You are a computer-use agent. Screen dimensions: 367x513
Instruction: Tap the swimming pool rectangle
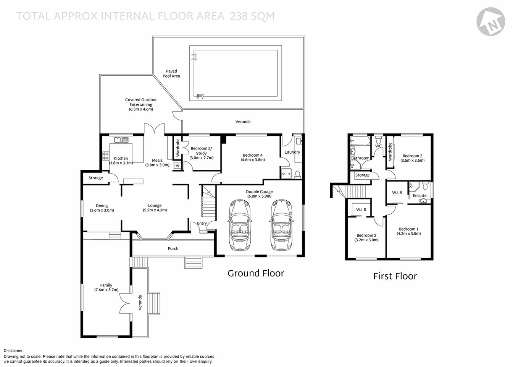(x=236, y=73)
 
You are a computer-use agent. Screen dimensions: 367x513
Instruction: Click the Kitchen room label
(x=121, y=158)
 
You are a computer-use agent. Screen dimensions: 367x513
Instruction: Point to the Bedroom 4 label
(x=253, y=155)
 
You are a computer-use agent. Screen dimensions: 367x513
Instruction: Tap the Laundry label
(x=292, y=152)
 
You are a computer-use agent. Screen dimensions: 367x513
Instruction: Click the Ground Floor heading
(x=256, y=273)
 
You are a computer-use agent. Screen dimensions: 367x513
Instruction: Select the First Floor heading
(x=395, y=276)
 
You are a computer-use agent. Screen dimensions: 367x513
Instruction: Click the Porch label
(x=173, y=248)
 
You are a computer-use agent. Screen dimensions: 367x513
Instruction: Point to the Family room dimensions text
(x=106, y=290)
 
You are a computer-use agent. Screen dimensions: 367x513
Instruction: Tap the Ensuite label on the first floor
(x=419, y=196)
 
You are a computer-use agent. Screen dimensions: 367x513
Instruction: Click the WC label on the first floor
(x=378, y=146)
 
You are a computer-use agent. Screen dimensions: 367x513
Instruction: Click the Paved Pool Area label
(x=171, y=73)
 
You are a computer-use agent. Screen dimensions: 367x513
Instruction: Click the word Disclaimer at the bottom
(x=14, y=351)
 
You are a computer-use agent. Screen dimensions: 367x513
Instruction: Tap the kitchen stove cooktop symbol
(x=105, y=156)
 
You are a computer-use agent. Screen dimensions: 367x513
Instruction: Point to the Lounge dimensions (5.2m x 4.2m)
(x=155, y=210)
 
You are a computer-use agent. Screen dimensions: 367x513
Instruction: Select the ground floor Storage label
(x=95, y=178)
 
